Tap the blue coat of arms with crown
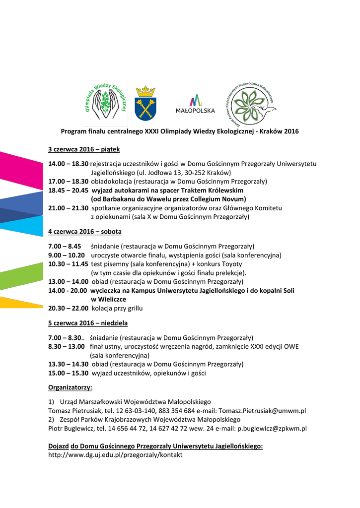[145, 103]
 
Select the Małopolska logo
[195, 104]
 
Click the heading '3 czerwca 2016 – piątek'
[84, 149]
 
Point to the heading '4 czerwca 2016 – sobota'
[84, 231]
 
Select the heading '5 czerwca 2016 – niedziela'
[88, 323]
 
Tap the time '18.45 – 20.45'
[68, 190]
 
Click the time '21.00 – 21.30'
[68, 208]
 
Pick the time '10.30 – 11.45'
[68, 264]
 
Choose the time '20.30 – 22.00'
[68, 308]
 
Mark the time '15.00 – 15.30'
[68, 373]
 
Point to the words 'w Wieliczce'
[108, 299]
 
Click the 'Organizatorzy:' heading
[70, 387]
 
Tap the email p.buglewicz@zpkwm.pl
[272, 428]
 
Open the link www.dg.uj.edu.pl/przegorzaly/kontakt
[115, 454]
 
